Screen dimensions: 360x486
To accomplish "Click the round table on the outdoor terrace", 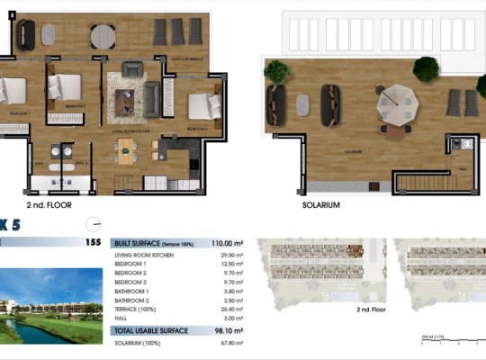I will (x=103, y=35).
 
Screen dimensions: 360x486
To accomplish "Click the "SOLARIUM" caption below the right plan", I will (x=321, y=205).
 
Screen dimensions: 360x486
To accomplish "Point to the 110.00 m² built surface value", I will (x=226, y=243).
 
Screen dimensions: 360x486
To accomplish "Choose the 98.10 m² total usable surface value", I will (x=226, y=331).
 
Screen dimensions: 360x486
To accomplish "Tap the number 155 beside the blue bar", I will (x=91, y=242).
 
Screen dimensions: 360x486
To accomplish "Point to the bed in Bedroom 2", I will (x=66, y=87).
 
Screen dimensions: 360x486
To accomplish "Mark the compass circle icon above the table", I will (x=92, y=224).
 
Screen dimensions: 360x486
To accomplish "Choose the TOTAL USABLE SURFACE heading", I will (x=150, y=331).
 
